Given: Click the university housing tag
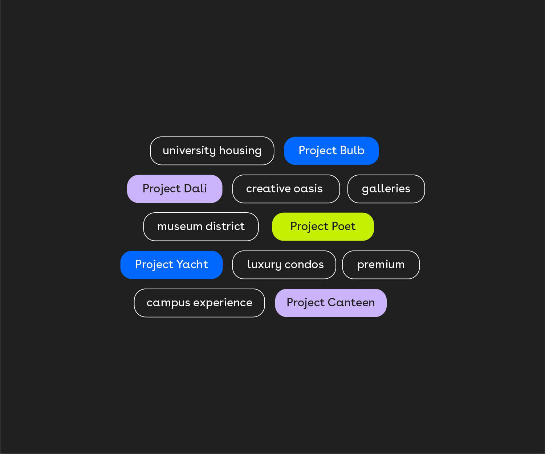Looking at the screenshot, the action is (x=212, y=151).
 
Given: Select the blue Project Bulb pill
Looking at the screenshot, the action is (x=331, y=151).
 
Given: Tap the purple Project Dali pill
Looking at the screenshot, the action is (x=175, y=189).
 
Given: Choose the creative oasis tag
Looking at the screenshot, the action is (x=286, y=189).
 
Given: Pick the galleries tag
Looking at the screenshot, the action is (x=386, y=189).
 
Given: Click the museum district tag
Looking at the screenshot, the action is (x=201, y=227).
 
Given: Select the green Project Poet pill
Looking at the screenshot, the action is (x=323, y=227).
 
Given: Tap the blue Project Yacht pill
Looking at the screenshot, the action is (x=171, y=265).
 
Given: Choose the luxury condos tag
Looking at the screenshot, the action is (x=284, y=265).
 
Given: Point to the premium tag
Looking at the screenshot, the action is (x=381, y=265).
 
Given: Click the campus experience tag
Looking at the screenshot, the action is (x=199, y=303).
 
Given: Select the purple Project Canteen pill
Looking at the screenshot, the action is (x=331, y=303).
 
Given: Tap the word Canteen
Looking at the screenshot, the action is (x=351, y=303).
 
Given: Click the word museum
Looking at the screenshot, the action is (x=180, y=226).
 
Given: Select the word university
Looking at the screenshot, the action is (x=189, y=151).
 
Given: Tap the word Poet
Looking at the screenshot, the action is (x=343, y=226).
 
